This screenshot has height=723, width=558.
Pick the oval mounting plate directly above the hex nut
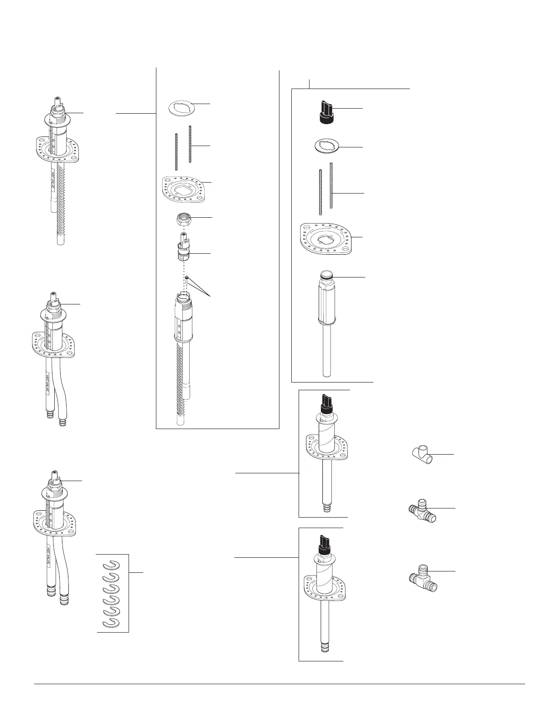click(186, 187)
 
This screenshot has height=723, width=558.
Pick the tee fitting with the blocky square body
click(422, 577)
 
